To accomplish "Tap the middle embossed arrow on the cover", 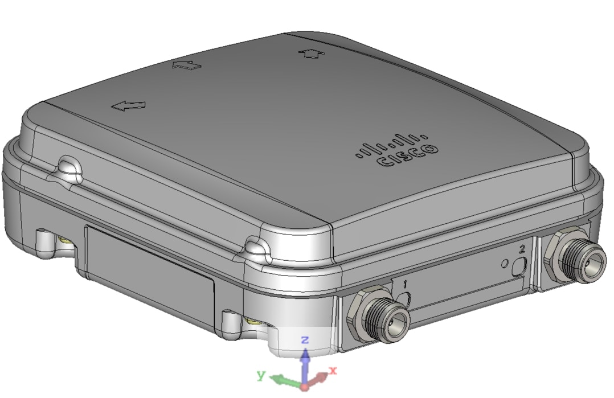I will (x=187, y=65).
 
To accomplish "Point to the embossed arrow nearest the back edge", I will (x=311, y=53).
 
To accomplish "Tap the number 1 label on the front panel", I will (x=405, y=283).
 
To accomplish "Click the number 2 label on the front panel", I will (x=522, y=248).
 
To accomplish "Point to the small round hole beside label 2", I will (x=504, y=264).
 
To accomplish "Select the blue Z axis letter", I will (x=305, y=340).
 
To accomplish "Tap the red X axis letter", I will (x=333, y=370).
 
